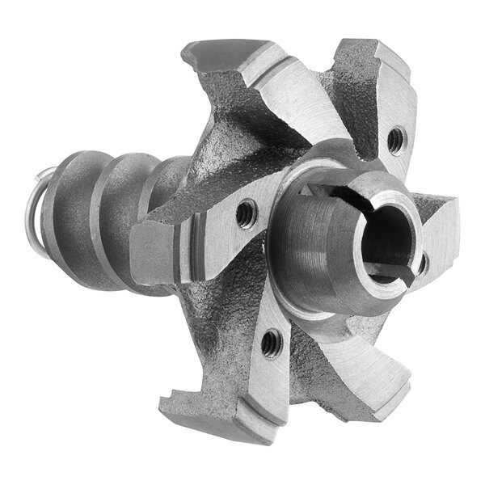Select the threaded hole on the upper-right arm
394,141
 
